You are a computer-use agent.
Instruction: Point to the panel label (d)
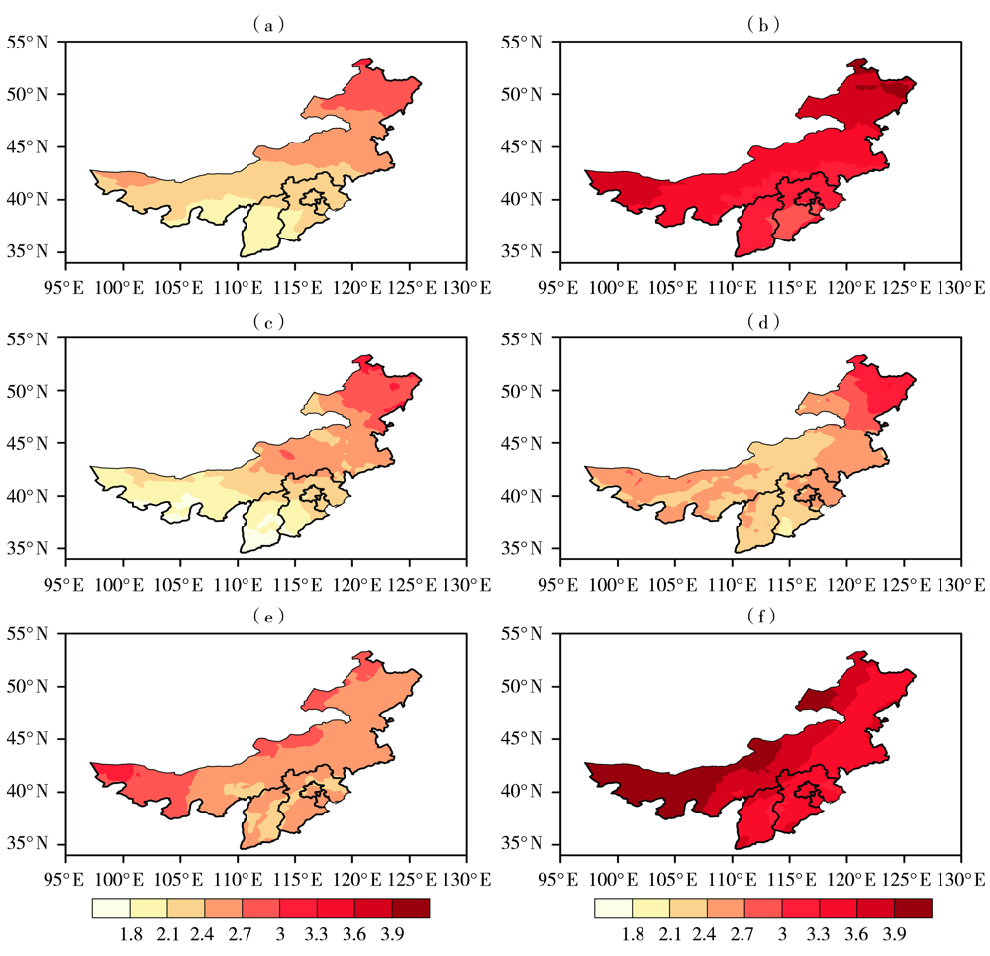(763, 322)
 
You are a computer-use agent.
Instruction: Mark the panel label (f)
(763, 617)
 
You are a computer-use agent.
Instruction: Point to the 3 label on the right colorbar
(782, 933)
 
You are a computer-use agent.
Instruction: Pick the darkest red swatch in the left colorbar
(411, 908)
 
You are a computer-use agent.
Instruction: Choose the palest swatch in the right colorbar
(613, 908)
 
